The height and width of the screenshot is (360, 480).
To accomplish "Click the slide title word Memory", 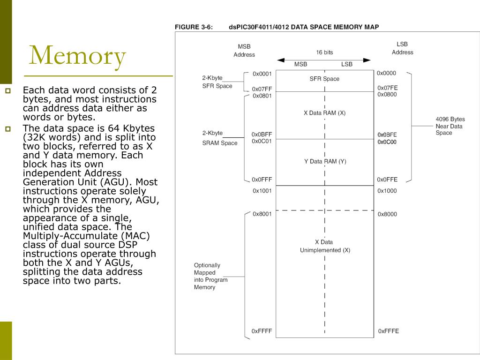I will point(77,55).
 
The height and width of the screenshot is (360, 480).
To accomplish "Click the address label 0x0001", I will point(262,74).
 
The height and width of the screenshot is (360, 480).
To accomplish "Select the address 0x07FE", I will point(387,88).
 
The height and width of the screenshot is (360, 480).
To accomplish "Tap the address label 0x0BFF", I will point(262,135).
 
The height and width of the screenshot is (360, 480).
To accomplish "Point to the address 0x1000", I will point(387,191).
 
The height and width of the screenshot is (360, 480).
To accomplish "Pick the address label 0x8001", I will point(262,214).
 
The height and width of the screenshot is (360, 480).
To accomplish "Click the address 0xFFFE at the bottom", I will point(389,331).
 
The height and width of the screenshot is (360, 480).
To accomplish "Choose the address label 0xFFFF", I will point(262,331).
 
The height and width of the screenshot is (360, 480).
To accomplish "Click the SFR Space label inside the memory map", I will point(324,79).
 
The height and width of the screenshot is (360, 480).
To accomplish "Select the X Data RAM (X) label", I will point(324,113).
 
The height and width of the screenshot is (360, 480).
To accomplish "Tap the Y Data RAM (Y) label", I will point(325,162).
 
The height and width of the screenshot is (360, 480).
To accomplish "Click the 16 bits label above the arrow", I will point(324,52).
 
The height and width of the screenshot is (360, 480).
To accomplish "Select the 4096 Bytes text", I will point(450,119).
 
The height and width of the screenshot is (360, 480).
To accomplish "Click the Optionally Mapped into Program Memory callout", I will point(211,276).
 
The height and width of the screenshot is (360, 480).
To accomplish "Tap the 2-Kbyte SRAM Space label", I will point(219,138).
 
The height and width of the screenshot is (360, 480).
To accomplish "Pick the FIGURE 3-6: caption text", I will point(194,27).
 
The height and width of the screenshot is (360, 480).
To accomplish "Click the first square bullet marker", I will point(7,90).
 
